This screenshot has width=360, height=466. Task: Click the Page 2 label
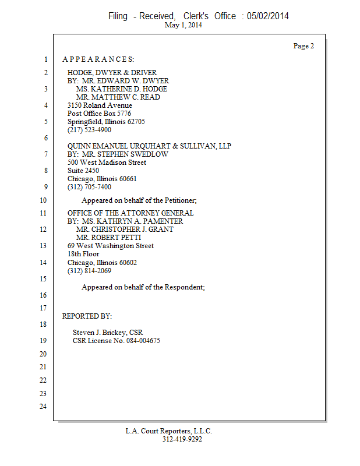coord(303,46)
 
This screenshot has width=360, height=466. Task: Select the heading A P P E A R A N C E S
coord(98,59)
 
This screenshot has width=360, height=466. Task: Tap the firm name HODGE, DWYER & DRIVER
coord(111,73)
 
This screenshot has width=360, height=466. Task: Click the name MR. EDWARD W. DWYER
coord(125,81)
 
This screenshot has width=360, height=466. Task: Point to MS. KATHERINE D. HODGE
coord(121,89)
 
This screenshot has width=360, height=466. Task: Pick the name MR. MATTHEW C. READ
coord(118,97)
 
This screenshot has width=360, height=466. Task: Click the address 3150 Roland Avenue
coord(100,105)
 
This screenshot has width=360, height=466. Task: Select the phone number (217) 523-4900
coord(89,130)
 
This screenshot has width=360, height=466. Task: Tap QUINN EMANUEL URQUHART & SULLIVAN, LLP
coord(149,146)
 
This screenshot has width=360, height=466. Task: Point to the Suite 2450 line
coord(83,171)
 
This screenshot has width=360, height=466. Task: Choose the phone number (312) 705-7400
coord(89,187)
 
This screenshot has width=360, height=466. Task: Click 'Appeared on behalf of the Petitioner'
coord(139,200)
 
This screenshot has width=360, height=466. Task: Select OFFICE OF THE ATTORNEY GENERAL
coord(130,213)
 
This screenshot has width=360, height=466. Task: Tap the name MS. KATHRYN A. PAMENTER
coord(132,221)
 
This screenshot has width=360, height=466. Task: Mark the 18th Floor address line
coord(83,254)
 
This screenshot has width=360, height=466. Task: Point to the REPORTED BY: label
coord(87,316)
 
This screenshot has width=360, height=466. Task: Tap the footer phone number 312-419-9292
coord(182,439)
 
